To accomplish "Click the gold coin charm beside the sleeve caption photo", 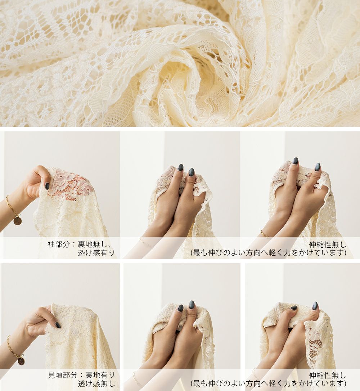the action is click(17, 221).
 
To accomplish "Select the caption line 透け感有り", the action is click(96, 253).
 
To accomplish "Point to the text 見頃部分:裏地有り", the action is click(81, 375).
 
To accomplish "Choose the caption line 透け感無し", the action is click(96, 383).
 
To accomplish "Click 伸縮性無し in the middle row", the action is click(327, 244).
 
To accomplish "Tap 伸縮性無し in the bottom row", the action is click(327, 375).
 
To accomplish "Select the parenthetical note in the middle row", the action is click(268, 253).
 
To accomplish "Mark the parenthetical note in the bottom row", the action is click(268, 383).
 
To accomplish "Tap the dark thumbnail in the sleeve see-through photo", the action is click(47, 186).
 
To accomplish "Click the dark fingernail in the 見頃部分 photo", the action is click(58, 325).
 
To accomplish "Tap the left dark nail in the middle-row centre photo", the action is click(180, 167).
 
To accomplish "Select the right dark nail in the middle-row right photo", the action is click(318, 167).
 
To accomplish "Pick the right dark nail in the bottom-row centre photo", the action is click(191, 305).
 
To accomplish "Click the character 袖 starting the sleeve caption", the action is click(51, 244).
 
